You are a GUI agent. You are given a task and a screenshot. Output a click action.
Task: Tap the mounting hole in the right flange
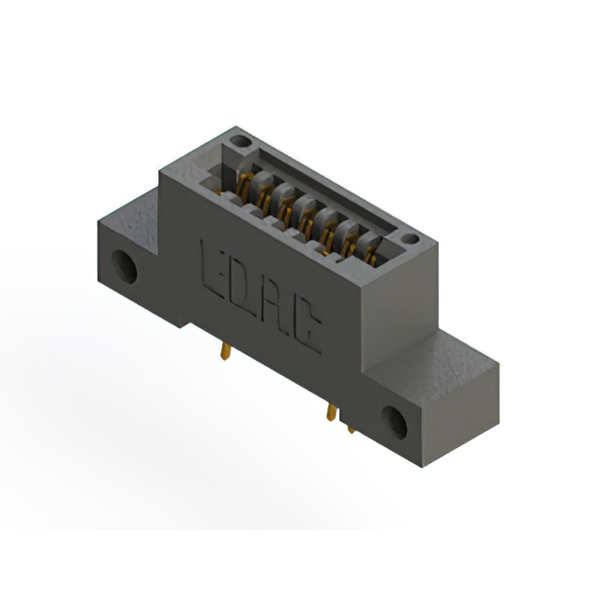[393, 424]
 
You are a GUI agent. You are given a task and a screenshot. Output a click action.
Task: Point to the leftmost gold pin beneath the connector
[225, 351]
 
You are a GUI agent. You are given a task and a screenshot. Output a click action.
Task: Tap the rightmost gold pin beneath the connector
[350, 426]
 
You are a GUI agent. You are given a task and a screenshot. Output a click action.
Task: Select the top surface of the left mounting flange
[139, 206]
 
